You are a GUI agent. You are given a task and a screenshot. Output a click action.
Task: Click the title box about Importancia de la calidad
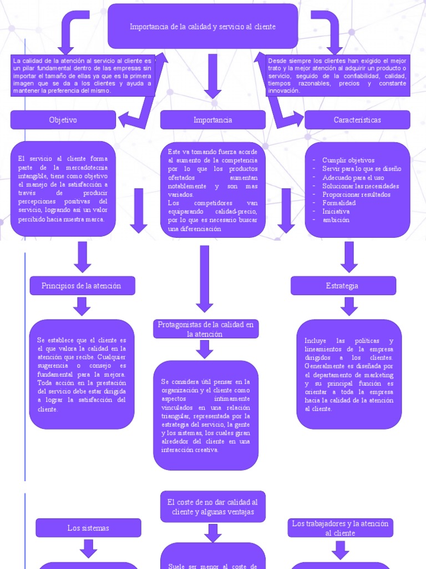pos(202,27)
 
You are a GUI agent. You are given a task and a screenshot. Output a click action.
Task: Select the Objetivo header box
pos(63,120)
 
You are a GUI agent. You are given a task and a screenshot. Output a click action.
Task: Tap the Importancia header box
pos(212,120)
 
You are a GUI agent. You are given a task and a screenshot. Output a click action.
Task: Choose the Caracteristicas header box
pos(357,120)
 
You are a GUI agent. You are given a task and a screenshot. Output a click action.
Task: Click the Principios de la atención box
pos(82,286)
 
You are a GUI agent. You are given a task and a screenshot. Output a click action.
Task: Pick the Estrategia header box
pos(343,286)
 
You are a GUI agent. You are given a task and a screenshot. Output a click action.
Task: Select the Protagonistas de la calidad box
pos(205,329)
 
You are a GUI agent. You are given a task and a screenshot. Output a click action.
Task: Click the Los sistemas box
pos(88,528)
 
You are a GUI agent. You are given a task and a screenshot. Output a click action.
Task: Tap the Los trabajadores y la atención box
pos(340,528)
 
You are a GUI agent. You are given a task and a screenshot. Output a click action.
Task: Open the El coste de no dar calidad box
pos(212,507)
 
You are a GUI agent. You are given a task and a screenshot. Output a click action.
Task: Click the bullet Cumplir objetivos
pos(348,160)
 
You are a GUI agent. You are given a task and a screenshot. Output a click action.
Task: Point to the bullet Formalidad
pos(339,203)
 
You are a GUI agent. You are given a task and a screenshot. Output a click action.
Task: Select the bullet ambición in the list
pos(336,219)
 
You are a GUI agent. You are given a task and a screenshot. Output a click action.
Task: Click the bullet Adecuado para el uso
pos(353,177)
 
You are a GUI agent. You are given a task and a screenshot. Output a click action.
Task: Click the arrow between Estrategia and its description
pos(349,306)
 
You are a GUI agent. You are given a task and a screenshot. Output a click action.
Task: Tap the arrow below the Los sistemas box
pos(88,548)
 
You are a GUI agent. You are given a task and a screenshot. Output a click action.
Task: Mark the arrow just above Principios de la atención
pos(82,257)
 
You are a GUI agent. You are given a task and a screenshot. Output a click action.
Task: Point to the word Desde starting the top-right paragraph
pos(277,61)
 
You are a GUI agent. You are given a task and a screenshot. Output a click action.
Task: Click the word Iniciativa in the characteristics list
pos(336,211)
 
